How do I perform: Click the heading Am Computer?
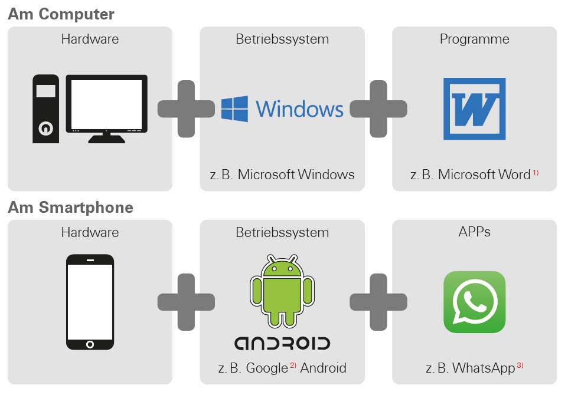coord(61,14)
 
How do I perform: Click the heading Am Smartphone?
coord(70,207)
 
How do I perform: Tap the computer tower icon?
coord(45,108)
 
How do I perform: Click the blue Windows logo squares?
coord(234,109)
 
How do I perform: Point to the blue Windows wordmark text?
coord(299,110)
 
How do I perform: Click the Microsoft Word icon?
coord(474,109)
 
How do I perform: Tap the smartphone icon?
coord(90,302)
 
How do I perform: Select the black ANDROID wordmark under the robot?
coord(282,344)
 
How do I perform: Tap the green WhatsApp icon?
coord(475,302)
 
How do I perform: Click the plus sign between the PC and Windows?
coord(186,109)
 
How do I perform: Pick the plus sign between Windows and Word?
coord(378,109)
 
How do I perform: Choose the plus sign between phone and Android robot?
coord(186,302)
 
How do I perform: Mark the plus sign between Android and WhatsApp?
coord(378,302)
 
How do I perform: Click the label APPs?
coord(474,232)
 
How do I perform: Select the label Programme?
coord(474,39)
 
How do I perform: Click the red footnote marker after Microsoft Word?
coord(536,172)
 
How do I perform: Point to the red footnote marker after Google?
coord(293,366)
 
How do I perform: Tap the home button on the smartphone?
coord(90,344)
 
